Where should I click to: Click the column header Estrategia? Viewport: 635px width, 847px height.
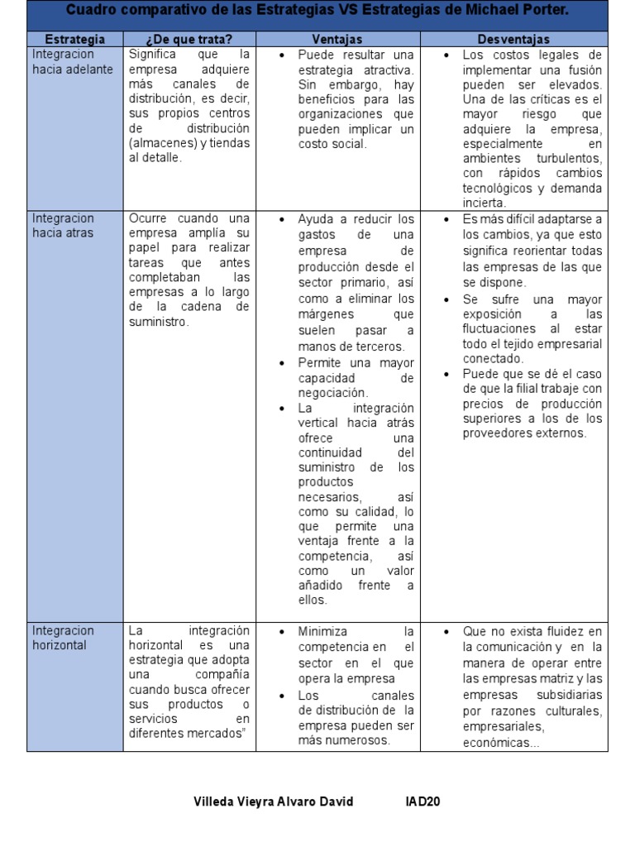[x=74, y=39]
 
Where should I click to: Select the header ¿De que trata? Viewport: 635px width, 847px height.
[x=189, y=39]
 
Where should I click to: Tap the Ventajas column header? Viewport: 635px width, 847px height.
[x=337, y=39]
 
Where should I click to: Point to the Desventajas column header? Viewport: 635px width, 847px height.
[x=513, y=39]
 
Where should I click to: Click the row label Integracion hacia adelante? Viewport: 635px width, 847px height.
[x=72, y=62]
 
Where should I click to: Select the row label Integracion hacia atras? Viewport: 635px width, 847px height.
[x=63, y=226]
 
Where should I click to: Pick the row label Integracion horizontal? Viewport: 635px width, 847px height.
[x=63, y=638]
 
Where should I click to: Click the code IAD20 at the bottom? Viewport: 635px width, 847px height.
[x=422, y=802]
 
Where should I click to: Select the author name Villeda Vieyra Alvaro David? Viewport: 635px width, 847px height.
[x=274, y=802]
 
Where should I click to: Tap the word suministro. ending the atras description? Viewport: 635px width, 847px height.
[x=159, y=322]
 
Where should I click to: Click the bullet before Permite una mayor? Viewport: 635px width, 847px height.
[x=283, y=363]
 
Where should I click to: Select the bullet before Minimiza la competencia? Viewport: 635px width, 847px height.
[x=283, y=631]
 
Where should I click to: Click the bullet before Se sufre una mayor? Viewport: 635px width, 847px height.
[x=447, y=299]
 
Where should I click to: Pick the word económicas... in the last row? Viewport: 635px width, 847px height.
[x=501, y=742]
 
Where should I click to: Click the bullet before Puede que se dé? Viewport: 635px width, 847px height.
[x=447, y=374]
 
